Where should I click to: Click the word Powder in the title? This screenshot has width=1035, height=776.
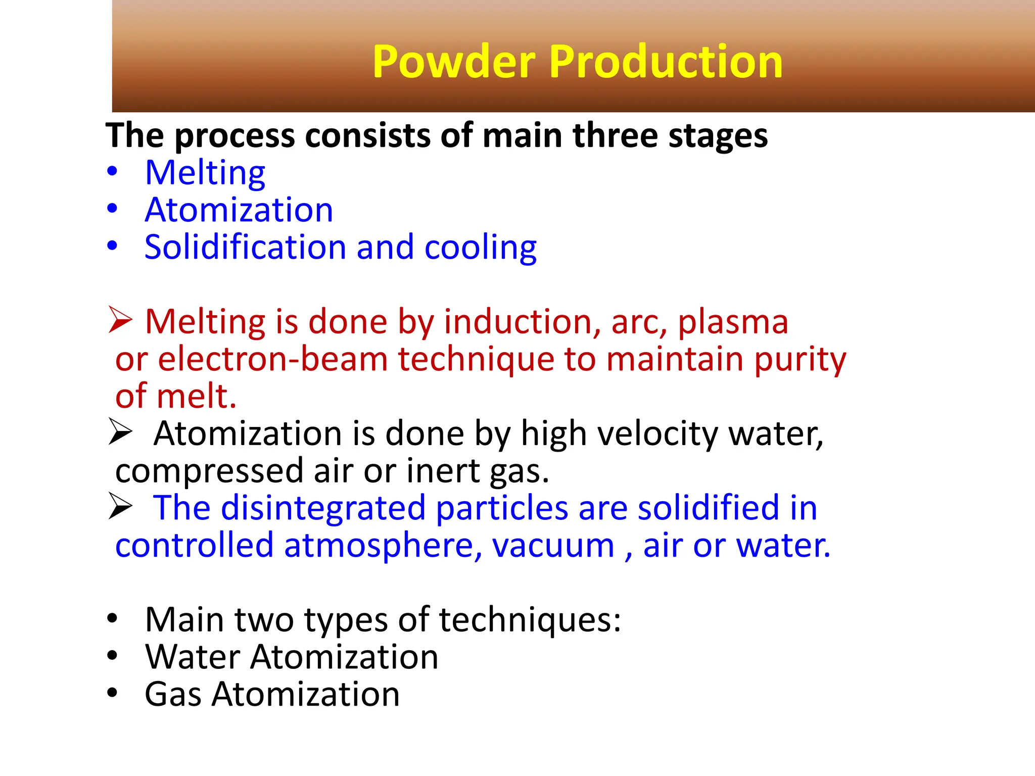coord(453,62)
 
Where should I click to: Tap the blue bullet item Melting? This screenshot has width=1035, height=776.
coord(205,173)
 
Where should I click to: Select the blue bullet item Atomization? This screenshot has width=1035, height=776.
coord(239,210)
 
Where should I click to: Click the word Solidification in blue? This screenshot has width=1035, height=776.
coord(245,248)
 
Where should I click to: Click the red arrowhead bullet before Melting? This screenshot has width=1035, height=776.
coord(120,320)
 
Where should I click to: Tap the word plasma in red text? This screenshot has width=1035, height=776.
coord(732,322)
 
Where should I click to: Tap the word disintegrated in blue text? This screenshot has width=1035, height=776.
coord(323,508)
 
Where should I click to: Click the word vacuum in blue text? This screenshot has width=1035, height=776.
coord(553,546)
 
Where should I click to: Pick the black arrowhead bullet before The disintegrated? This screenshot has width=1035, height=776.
coord(120,507)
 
